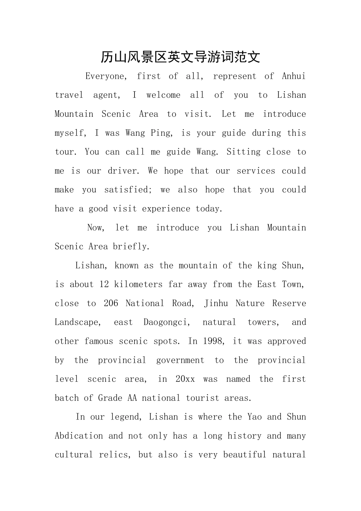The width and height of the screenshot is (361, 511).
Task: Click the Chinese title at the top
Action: [180, 57]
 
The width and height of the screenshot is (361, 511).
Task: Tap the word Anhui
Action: [294, 76]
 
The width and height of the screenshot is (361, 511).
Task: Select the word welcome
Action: [163, 95]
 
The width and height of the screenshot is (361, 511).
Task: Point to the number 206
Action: [111, 303]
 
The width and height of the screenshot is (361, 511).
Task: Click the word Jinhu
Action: [216, 303]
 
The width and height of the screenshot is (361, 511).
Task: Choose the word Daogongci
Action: [166, 322]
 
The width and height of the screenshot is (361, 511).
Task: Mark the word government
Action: [180, 360]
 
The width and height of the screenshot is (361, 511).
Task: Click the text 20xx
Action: [185, 379]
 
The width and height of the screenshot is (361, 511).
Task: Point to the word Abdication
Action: [79, 436]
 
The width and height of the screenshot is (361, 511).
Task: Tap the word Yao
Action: [254, 417]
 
